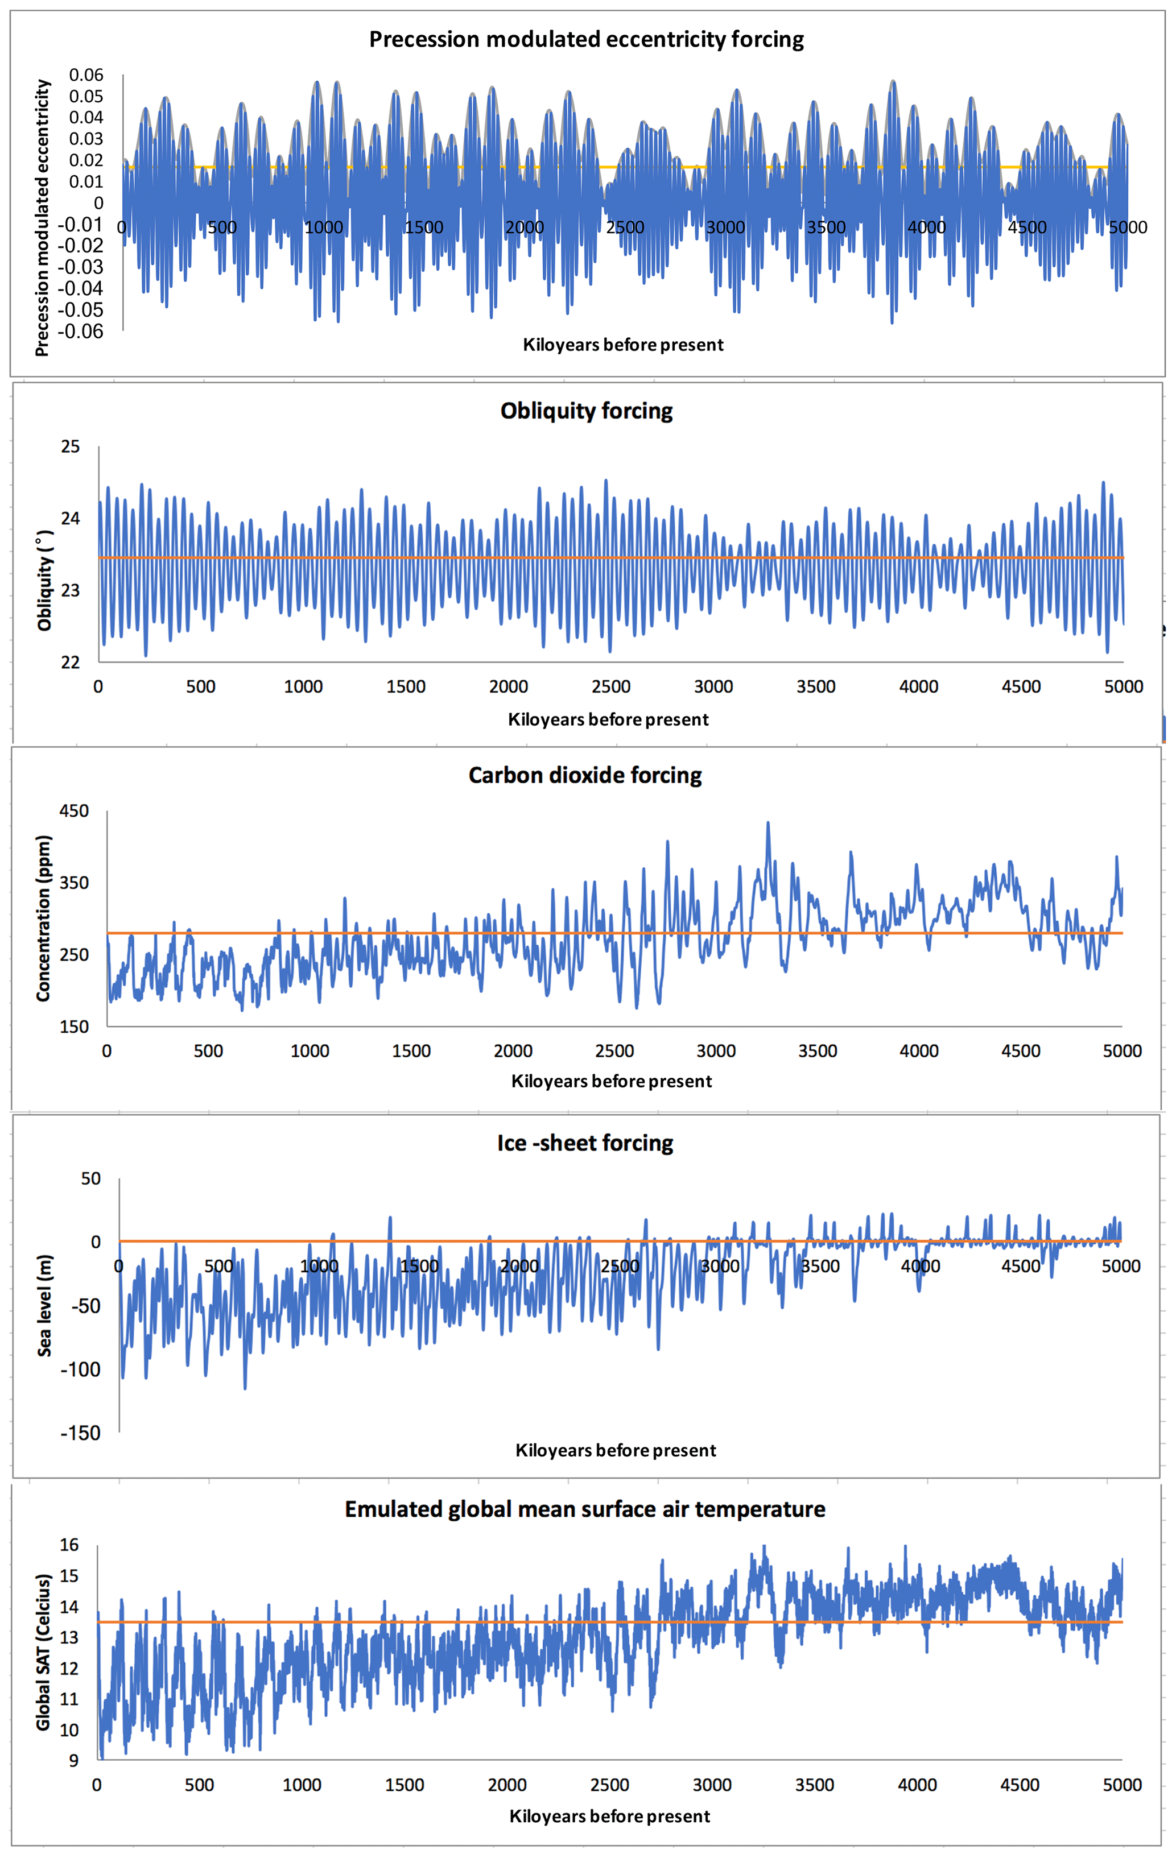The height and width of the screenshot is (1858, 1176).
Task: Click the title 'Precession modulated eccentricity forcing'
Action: point(587,39)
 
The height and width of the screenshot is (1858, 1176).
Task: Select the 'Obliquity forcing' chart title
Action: point(587,411)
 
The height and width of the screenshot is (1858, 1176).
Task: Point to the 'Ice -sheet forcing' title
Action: point(585,1143)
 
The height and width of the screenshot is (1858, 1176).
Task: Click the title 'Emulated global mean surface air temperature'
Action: point(585,1509)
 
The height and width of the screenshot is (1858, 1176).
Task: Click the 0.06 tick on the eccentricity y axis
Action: point(86,75)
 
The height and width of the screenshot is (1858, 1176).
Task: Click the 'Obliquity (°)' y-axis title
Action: point(45,580)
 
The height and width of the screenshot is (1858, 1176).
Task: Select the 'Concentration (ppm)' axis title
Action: point(43,918)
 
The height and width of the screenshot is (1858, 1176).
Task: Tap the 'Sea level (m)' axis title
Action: point(45,1306)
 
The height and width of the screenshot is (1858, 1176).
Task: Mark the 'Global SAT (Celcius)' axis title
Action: point(43,1651)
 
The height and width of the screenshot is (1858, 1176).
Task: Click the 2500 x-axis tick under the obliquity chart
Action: point(610,686)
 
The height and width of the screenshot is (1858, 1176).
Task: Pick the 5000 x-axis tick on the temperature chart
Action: point(1122,1785)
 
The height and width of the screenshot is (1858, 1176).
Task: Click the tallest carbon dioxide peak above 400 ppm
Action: point(768,824)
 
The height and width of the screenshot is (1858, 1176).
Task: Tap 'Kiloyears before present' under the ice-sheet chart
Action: point(615,1451)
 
